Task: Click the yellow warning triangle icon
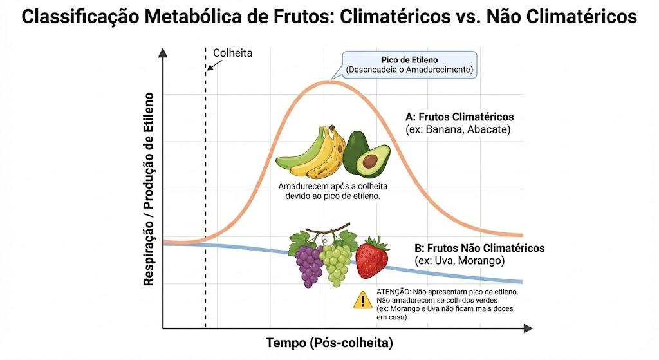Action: pos(362,300)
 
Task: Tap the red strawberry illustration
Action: pos(372,258)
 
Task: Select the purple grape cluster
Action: pos(308,265)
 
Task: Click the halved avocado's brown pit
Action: pos(370,160)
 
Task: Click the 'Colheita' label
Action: pos(232,53)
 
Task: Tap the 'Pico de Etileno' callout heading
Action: pos(409,60)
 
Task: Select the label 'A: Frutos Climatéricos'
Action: pos(459,117)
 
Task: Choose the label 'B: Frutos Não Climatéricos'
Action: pos(479,248)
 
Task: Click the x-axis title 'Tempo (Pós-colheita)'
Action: pos(329,343)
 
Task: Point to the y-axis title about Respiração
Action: pos(149,189)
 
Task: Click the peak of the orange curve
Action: pos(328,81)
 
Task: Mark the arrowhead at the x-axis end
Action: pos(528,328)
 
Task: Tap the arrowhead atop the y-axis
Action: pos(163,53)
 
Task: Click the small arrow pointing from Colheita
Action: pos(214,65)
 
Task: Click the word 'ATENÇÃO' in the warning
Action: pos(393,292)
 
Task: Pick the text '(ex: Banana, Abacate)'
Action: pos(458,129)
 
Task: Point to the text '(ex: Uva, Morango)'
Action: pos(459,261)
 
